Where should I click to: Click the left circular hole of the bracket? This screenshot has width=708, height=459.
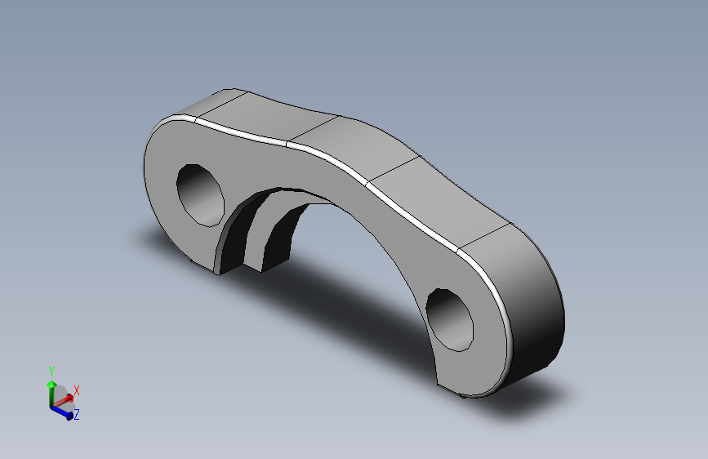(201, 194)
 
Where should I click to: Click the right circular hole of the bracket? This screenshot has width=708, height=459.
(451, 319)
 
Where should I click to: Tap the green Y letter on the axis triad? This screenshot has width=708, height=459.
(51, 371)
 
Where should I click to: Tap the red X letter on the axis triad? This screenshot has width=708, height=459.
(77, 390)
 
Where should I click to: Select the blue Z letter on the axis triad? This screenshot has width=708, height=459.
(76, 416)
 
